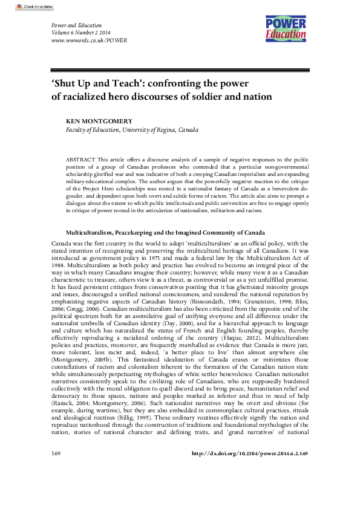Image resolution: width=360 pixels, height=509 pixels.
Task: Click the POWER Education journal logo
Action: pyautogui.click(x=286, y=28)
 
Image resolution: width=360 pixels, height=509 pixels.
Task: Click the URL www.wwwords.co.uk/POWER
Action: pyautogui.click(x=81, y=41)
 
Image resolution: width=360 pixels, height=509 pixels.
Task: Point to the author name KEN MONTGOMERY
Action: pyautogui.click(x=97, y=121)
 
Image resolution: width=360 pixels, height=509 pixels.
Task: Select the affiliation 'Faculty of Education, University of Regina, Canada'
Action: pyautogui.click(x=132, y=129)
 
